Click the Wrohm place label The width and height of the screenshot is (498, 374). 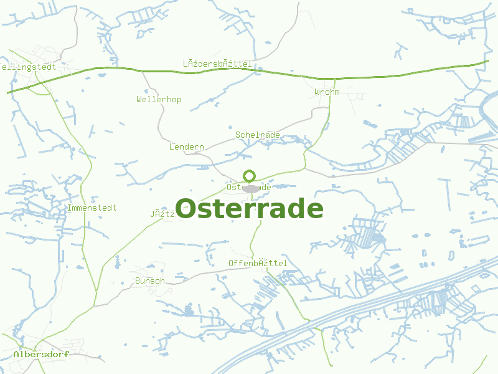(x=327, y=92)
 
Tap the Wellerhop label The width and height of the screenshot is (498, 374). (x=159, y=100)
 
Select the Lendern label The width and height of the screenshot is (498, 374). (x=187, y=147)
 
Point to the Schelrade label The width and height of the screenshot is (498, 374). (x=257, y=135)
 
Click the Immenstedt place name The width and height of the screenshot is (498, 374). (x=92, y=208)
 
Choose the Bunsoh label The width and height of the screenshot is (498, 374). (x=149, y=281)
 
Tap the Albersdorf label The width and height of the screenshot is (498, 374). (x=41, y=354)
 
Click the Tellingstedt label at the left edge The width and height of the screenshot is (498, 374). (x=29, y=67)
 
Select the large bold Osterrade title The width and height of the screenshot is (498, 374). (x=249, y=209)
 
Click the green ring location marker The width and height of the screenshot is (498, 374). (x=250, y=176)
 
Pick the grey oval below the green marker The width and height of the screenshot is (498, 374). (x=250, y=188)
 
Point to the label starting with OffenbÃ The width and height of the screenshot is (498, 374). (x=258, y=264)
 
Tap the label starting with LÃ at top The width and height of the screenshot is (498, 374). (x=217, y=64)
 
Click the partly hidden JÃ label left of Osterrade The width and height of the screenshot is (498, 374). (x=161, y=214)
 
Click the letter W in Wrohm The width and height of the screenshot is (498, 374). (x=317, y=92)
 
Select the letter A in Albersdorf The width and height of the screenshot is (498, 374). (x=16, y=354)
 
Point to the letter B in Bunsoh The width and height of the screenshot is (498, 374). (x=137, y=281)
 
